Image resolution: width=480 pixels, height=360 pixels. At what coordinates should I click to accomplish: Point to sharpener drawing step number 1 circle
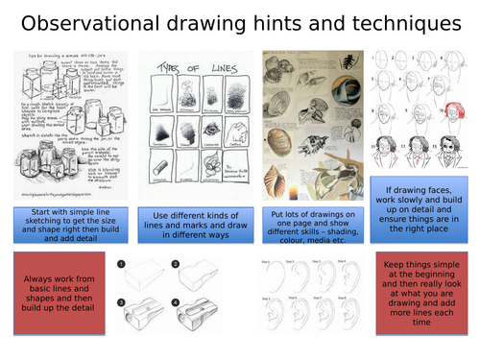[122, 263]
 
